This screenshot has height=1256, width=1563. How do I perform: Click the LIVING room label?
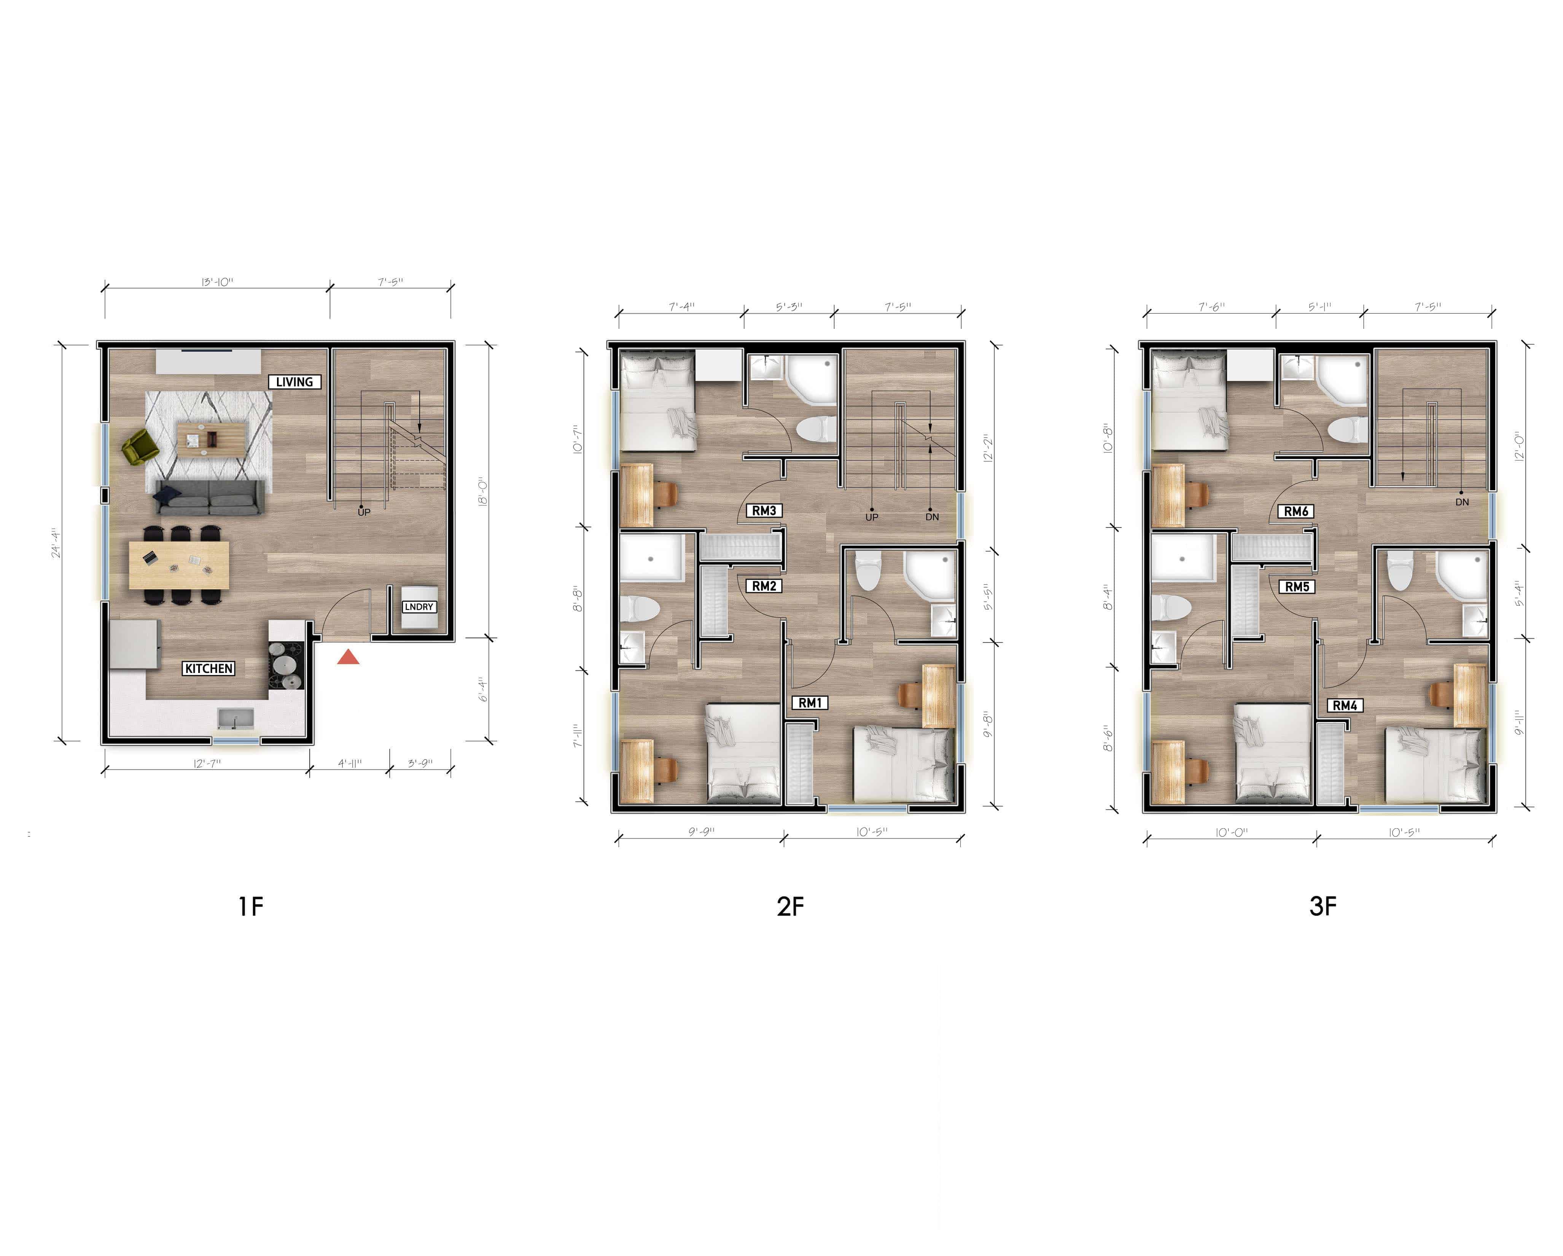(x=294, y=382)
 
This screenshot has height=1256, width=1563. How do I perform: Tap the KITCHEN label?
(x=208, y=669)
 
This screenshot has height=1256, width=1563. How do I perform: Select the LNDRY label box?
(x=419, y=607)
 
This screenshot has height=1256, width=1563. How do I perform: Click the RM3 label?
(x=764, y=510)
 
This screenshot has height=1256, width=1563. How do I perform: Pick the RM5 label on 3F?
(x=1297, y=587)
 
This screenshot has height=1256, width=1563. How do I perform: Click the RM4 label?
(x=1345, y=706)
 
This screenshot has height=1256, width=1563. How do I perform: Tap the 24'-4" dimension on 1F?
(x=57, y=542)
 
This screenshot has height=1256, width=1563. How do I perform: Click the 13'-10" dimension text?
(x=218, y=282)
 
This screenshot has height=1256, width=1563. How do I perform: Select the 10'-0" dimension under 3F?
(x=1232, y=832)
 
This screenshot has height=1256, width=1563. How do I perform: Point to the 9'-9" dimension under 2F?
(x=701, y=832)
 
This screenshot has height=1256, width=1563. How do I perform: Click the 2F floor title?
(x=790, y=907)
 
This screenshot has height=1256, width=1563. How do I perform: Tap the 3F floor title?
(x=1323, y=907)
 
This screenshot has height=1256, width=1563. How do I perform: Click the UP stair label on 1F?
(x=364, y=512)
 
